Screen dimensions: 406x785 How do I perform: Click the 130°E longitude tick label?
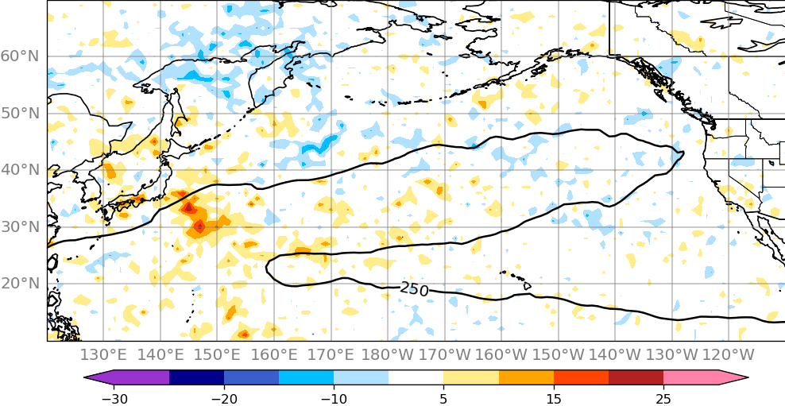104,354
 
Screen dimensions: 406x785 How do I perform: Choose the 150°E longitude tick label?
218,354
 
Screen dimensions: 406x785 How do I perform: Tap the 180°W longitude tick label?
388,354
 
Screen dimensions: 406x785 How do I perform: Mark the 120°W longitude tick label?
729,354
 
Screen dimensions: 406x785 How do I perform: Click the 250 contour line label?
414,289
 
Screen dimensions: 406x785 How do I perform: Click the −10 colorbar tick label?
333,398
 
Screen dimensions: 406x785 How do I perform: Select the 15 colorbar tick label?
553,398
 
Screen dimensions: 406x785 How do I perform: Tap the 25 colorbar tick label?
663,398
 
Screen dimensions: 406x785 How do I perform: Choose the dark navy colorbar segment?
196,378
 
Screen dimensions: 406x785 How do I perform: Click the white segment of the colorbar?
416,378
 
